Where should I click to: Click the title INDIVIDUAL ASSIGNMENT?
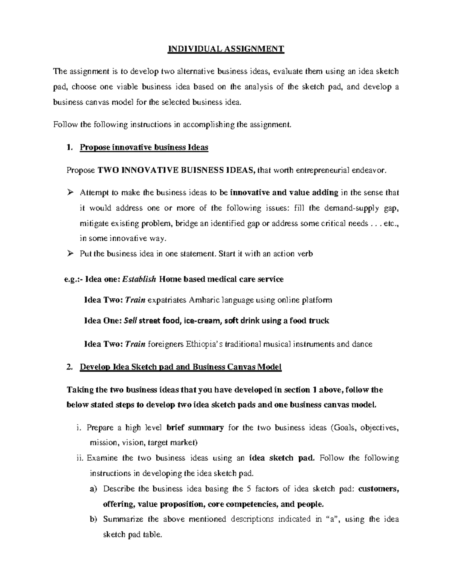[x=226, y=49]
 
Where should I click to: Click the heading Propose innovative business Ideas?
[x=144, y=147]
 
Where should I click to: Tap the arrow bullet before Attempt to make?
[x=69, y=193]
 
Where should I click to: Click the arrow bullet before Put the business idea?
[x=69, y=254]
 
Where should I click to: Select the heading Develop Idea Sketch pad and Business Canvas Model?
[x=181, y=367]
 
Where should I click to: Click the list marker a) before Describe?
[x=93, y=489]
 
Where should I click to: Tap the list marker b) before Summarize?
[x=93, y=519]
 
